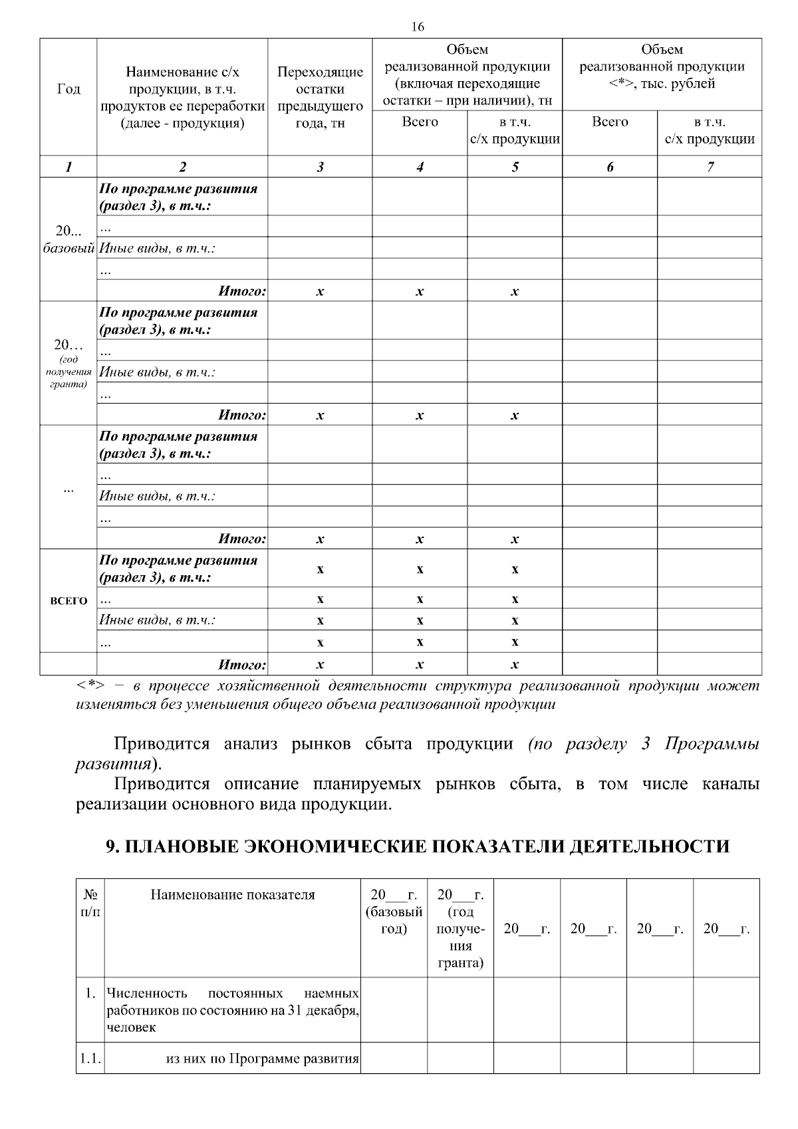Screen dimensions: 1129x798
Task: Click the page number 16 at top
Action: [418, 27]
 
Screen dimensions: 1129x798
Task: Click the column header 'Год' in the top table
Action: [68, 89]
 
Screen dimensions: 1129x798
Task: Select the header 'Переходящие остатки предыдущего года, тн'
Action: [320, 98]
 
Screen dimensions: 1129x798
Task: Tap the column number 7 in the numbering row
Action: [710, 168]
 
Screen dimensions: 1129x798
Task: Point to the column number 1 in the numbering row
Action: [68, 168]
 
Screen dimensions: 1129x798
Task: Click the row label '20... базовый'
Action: [68, 239]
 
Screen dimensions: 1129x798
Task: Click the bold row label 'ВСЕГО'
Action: [68, 601]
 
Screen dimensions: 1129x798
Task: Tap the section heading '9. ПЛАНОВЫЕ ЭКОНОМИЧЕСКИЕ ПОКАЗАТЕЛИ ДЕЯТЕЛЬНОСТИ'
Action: [418, 846]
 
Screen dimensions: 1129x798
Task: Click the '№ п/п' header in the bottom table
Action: [90, 903]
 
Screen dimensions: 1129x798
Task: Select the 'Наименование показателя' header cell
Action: [233, 895]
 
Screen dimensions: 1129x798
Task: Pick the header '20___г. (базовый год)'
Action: [394, 912]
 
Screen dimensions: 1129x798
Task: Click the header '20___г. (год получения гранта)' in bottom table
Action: [460, 928]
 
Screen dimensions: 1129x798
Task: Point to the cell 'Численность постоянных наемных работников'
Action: [232, 1010]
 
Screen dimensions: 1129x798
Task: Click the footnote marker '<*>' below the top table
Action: [90, 686]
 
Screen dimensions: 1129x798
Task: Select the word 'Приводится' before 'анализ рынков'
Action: [162, 744]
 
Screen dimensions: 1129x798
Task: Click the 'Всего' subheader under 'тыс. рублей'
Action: [609, 122]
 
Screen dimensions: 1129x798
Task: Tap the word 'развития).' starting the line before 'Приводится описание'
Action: [118, 764]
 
